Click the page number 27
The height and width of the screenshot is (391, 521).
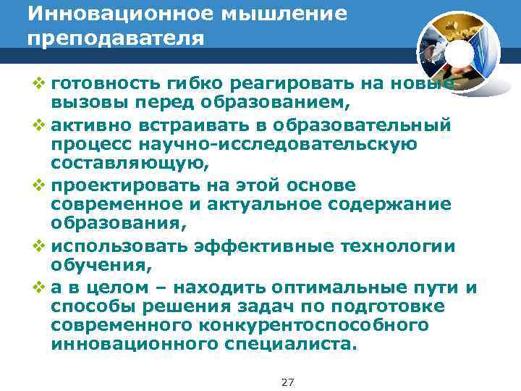[x=287, y=382]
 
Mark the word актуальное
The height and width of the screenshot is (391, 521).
[x=281, y=205]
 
